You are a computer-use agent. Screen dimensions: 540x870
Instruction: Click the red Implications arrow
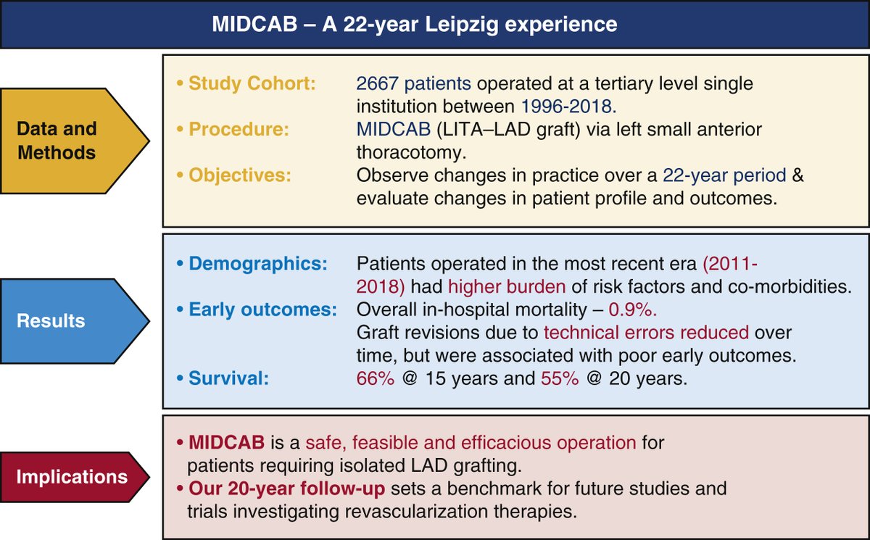tap(69, 477)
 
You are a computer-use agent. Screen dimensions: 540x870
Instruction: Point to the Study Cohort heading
tap(252, 83)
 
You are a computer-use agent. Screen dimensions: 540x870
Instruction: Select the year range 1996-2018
tap(568, 106)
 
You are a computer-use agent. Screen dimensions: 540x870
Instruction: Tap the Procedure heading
tap(239, 129)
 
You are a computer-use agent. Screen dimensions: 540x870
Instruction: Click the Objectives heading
tap(244, 175)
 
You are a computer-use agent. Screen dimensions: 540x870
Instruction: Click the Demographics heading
tap(258, 263)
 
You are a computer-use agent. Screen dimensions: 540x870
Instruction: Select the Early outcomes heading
tap(262, 310)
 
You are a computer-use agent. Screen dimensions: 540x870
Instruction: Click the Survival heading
tap(228, 378)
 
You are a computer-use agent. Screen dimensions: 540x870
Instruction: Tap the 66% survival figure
tap(375, 378)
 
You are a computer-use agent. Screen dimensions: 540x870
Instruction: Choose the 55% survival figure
tap(560, 378)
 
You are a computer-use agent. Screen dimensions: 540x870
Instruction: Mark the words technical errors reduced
tap(646, 333)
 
